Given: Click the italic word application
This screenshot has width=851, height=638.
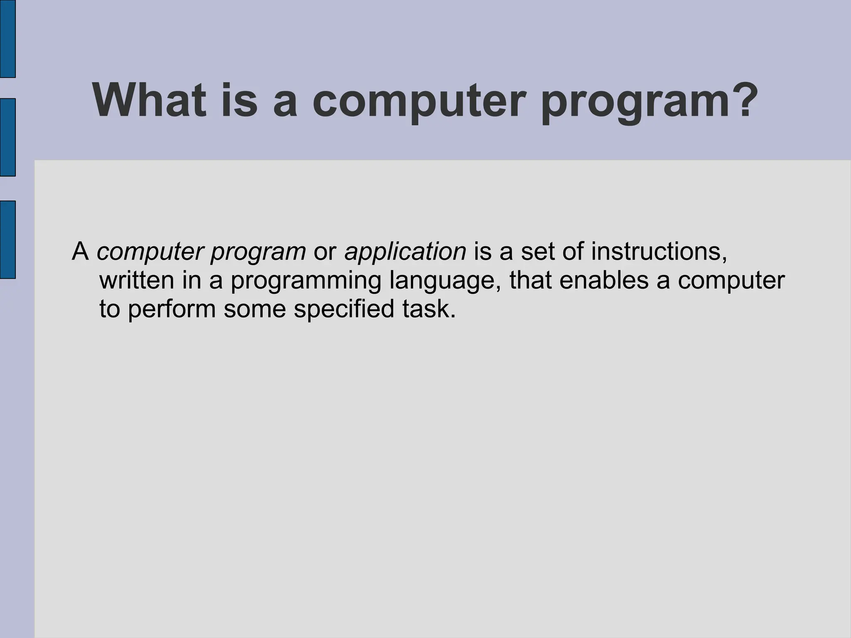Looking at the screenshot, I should coord(405,252).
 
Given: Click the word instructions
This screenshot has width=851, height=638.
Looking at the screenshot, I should coord(659,251).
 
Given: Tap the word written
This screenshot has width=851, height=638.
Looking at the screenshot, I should coord(137,280).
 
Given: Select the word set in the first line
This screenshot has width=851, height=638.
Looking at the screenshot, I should coord(538,252).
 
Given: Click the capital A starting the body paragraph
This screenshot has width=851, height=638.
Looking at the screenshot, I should coord(81,251).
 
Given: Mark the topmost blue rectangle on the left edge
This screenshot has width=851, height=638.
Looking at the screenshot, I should coord(7,38).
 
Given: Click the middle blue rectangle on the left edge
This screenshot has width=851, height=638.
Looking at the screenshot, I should coord(7,137).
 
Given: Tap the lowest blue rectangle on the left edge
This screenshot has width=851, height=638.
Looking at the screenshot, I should coord(7,239).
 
